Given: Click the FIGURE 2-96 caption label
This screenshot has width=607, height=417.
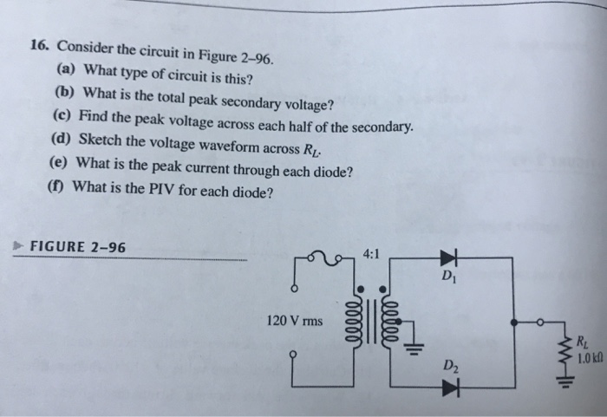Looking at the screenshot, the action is (x=77, y=246).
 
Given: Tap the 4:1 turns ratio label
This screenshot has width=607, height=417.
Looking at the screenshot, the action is (x=371, y=256).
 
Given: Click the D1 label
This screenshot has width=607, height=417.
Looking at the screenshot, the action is (x=447, y=278).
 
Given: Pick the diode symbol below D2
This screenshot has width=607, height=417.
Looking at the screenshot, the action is (x=449, y=385).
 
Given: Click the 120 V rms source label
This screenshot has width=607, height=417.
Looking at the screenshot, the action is (x=294, y=320).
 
